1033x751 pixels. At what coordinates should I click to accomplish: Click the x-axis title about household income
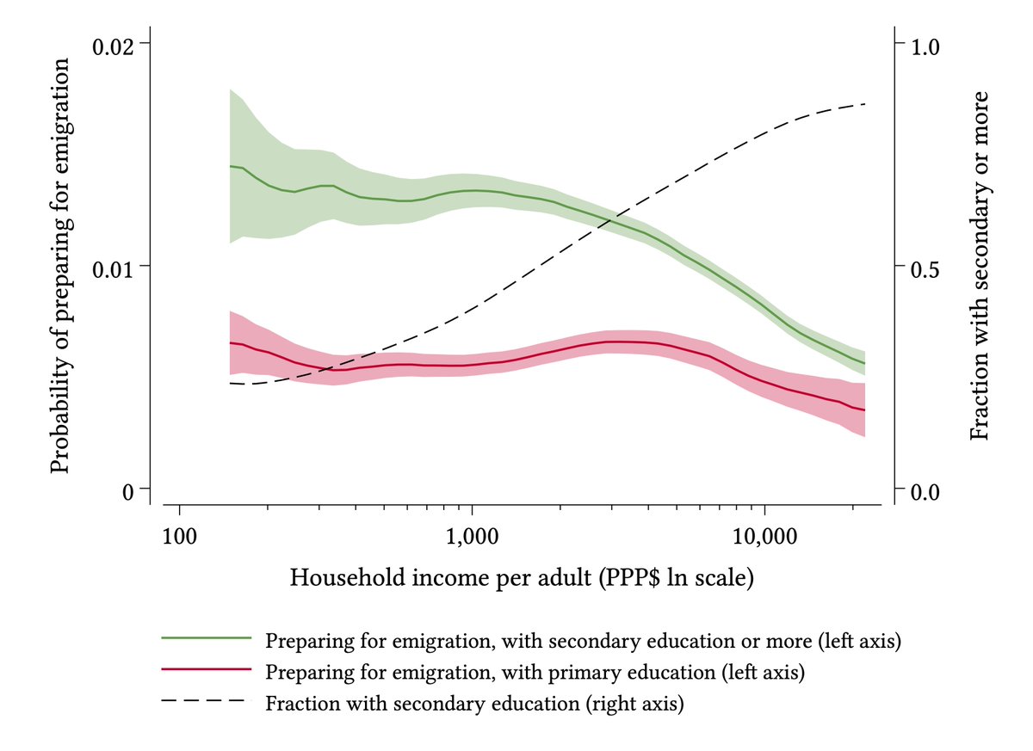click(522, 577)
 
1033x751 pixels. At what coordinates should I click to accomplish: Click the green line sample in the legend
click(207, 639)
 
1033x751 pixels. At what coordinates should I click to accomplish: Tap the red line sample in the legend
click(207, 670)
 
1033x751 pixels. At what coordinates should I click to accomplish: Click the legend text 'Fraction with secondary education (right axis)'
click(474, 703)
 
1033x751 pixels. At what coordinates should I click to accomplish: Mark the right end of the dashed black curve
click(864, 104)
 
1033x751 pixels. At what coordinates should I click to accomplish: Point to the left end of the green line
click(230, 166)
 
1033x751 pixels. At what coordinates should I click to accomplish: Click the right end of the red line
click(864, 410)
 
